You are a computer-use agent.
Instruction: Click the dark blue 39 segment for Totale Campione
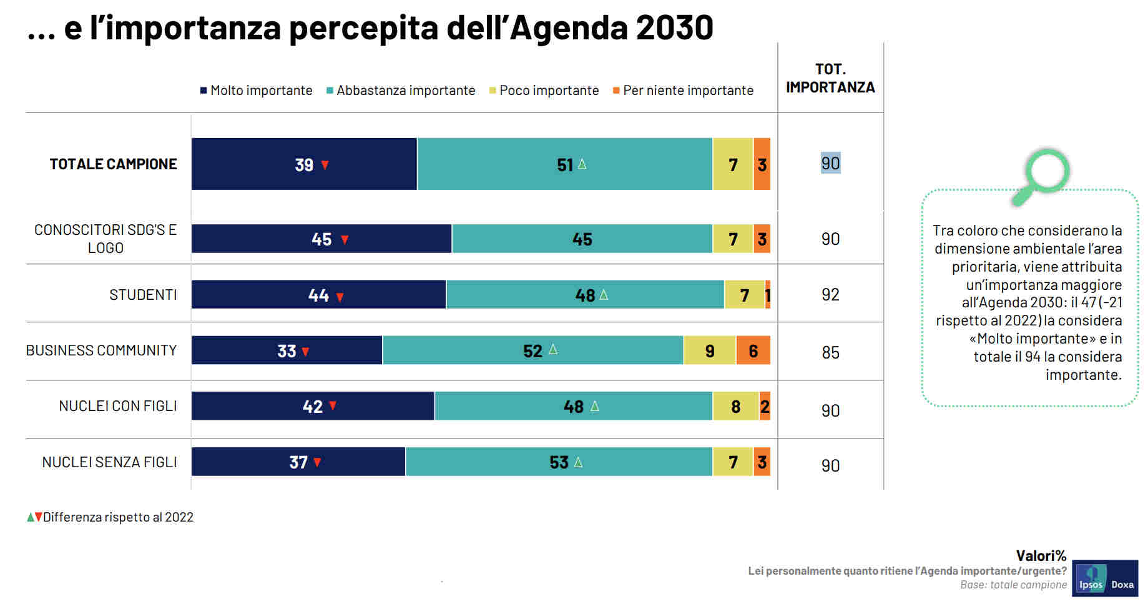coord(304,164)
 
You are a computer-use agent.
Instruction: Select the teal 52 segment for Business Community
coord(532,350)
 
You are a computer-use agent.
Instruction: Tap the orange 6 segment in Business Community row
coord(753,350)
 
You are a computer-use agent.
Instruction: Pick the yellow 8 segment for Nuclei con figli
coord(735,407)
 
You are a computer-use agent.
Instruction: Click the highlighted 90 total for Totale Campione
coord(830,163)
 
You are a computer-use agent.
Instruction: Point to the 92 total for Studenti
coord(830,295)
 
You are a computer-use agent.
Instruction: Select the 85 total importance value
coord(830,353)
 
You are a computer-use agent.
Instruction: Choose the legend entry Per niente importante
coord(684,91)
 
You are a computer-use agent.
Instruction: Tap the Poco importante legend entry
coord(544,91)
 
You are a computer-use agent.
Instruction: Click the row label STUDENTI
coord(143,295)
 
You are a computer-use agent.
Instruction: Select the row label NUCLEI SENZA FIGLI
coord(109,462)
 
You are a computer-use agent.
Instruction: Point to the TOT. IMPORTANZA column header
coord(830,78)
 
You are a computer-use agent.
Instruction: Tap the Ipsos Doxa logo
coord(1105,578)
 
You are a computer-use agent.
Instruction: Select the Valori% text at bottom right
coord(1041,555)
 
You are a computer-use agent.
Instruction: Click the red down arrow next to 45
coord(345,240)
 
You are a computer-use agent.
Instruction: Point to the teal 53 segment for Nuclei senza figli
coord(559,462)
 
